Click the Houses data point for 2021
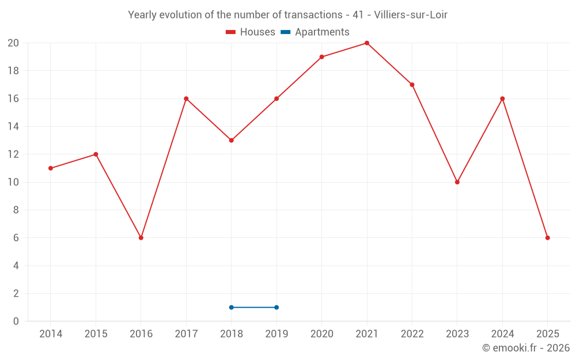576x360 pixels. tap(367, 43)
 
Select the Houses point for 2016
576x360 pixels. tap(141, 238)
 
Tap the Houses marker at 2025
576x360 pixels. tap(547, 238)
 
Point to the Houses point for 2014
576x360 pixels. tap(51, 168)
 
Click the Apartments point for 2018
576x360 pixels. tap(231, 308)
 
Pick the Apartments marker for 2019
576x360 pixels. tap(276, 308)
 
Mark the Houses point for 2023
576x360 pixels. tap(457, 182)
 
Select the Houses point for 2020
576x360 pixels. tap(321, 57)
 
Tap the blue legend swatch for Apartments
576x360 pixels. tap(285, 32)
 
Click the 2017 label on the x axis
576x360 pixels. tap(186, 334)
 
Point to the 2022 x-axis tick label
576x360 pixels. tap(412, 334)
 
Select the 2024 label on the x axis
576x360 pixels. tap(502, 334)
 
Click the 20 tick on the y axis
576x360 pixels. tap(13, 43)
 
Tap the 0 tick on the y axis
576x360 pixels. tap(16, 321)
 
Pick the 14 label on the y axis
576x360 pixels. tap(13, 127)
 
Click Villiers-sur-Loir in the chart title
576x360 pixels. tap(411, 15)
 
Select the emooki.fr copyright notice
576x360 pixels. tap(525, 348)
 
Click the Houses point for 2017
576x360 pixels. tap(186, 98)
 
